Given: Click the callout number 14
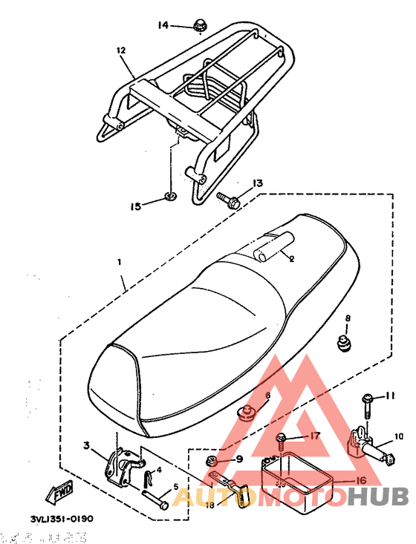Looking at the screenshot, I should (x=163, y=25).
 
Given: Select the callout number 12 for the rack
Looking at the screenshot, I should (x=121, y=50).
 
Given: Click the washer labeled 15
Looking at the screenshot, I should (x=169, y=197).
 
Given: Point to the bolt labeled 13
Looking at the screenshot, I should (x=225, y=198).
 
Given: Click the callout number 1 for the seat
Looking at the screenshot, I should (x=118, y=263).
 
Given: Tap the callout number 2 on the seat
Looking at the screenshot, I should (x=291, y=259).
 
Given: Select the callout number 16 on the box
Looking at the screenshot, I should (x=360, y=481).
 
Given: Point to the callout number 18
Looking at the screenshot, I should (x=209, y=505).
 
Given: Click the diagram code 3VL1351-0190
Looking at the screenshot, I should (x=62, y=520).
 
